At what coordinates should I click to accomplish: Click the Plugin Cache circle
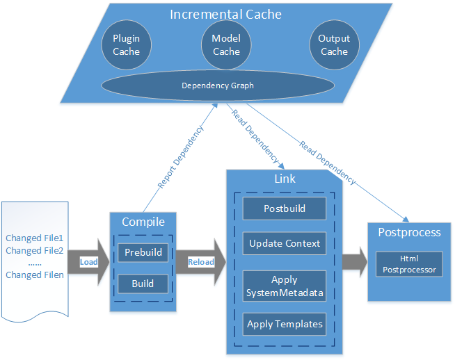click(127, 45)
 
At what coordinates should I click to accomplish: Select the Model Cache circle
click(226, 45)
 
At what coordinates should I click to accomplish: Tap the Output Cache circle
click(334, 45)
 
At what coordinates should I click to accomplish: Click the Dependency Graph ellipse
click(218, 85)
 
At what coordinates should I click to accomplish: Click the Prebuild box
click(143, 252)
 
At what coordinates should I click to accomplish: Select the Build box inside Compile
click(143, 283)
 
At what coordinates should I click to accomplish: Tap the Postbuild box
click(285, 208)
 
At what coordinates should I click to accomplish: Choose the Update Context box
click(285, 243)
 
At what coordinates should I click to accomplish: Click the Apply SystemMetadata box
click(285, 286)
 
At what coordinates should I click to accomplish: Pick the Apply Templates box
click(285, 323)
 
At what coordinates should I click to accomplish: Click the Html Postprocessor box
click(409, 264)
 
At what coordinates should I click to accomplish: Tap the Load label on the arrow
click(88, 262)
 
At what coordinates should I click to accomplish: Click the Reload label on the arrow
click(202, 262)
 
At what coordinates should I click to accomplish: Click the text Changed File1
click(35, 238)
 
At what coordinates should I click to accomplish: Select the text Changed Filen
click(35, 275)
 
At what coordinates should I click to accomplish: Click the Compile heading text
click(143, 222)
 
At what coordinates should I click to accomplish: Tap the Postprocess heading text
click(409, 231)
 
